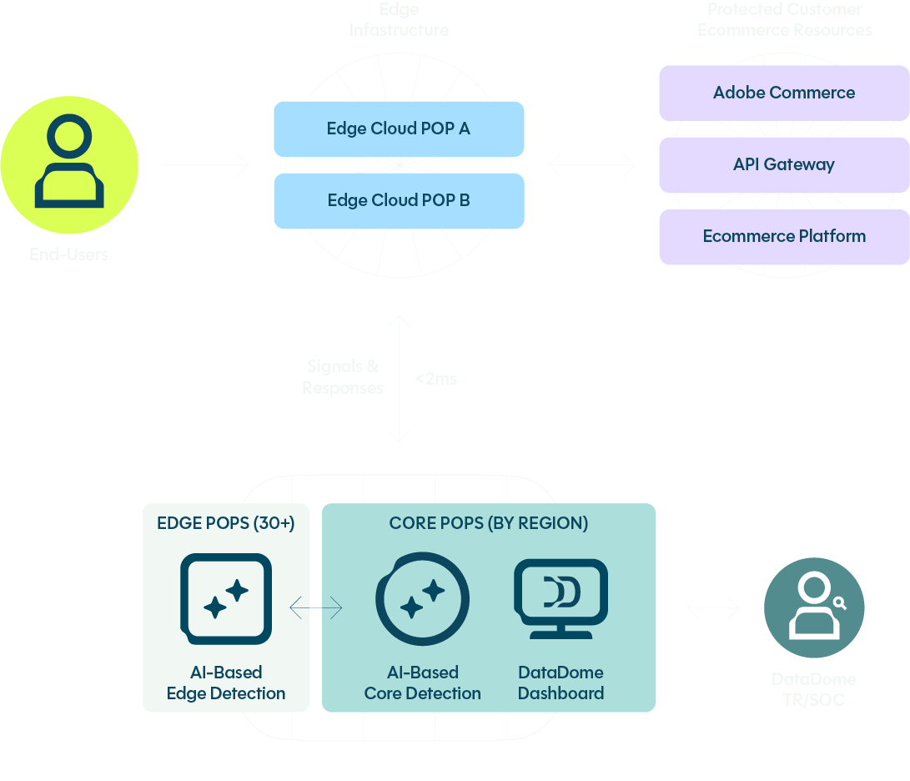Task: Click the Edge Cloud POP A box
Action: (x=399, y=129)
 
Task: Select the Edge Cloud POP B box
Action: (x=399, y=201)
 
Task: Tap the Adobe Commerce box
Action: (x=783, y=93)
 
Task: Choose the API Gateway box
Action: (x=783, y=165)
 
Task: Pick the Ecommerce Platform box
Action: (x=783, y=237)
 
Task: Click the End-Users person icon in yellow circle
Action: (x=69, y=164)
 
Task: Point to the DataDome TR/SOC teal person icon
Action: (x=813, y=608)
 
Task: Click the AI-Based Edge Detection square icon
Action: (x=226, y=598)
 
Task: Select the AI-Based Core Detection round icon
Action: (x=422, y=599)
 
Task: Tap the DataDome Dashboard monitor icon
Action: (x=561, y=598)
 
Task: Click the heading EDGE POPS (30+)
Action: (x=226, y=523)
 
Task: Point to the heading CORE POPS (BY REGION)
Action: (x=489, y=523)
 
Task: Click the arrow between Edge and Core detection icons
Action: (x=316, y=608)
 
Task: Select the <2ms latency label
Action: (x=436, y=379)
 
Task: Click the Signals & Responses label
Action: (x=343, y=377)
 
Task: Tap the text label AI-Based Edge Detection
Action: (x=226, y=683)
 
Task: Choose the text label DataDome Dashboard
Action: (x=561, y=683)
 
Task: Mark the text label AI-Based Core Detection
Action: (x=422, y=683)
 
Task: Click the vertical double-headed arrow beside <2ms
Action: (x=400, y=378)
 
